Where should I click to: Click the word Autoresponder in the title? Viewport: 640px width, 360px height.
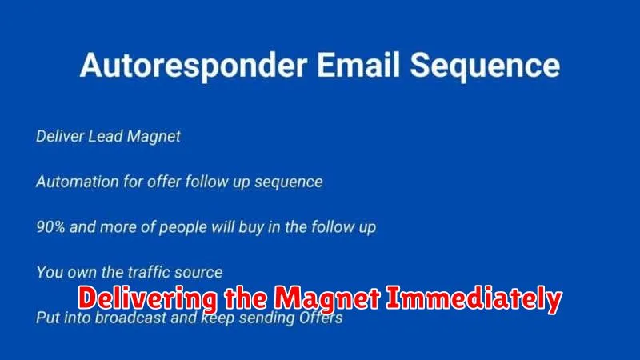click(x=194, y=66)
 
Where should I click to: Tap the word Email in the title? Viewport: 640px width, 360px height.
click(x=358, y=65)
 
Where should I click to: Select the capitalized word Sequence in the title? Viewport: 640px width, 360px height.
click(x=485, y=66)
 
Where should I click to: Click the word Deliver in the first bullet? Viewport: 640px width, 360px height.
click(x=59, y=136)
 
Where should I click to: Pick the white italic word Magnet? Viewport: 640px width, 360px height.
click(x=154, y=137)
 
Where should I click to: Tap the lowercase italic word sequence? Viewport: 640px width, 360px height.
click(x=289, y=182)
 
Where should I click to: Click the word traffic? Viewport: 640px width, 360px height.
click(x=149, y=272)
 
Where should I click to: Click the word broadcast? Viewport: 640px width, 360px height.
click(x=130, y=317)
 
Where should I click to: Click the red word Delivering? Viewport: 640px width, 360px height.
click(x=147, y=299)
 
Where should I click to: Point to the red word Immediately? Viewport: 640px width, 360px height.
click(x=474, y=299)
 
